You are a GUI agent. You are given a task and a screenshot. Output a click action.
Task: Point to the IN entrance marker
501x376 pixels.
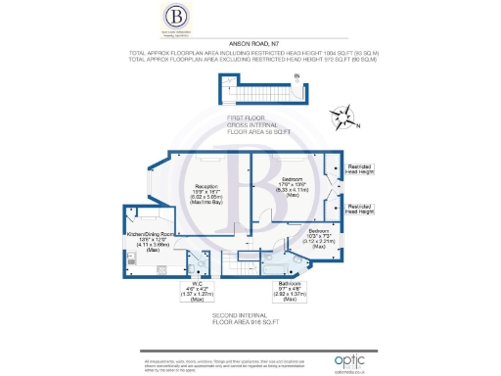[296, 76]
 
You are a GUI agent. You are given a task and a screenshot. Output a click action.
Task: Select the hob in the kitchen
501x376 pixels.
[132, 259]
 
